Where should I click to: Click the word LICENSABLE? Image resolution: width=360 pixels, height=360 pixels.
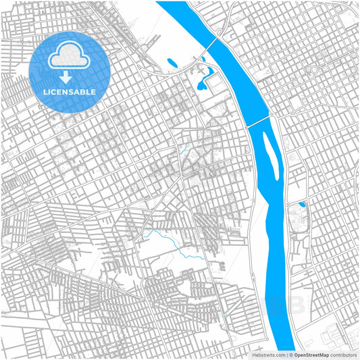point(70,91)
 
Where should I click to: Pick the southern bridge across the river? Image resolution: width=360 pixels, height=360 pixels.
point(259,120)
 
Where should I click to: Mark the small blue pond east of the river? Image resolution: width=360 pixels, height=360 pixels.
point(301,204)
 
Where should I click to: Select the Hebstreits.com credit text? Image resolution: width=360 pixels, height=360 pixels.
point(269,354)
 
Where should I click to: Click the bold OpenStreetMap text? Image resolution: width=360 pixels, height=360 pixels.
point(311,354)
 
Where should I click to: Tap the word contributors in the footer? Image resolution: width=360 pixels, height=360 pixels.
point(344,354)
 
